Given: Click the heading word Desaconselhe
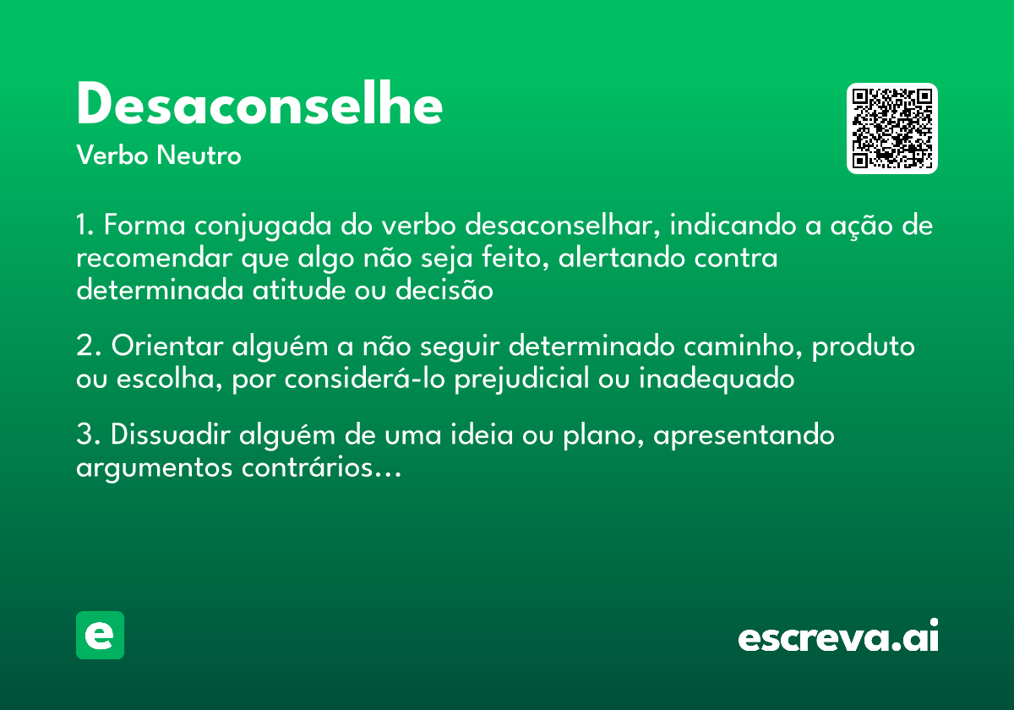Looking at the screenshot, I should (x=259, y=106).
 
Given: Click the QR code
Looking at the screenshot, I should (x=892, y=128).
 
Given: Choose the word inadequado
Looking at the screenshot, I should (x=717, y=379).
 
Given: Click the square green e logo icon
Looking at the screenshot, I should (x=100, y=635).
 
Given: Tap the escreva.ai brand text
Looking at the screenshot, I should (x=838, y=637).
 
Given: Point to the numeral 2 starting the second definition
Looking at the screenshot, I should (x=83, y=347).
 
